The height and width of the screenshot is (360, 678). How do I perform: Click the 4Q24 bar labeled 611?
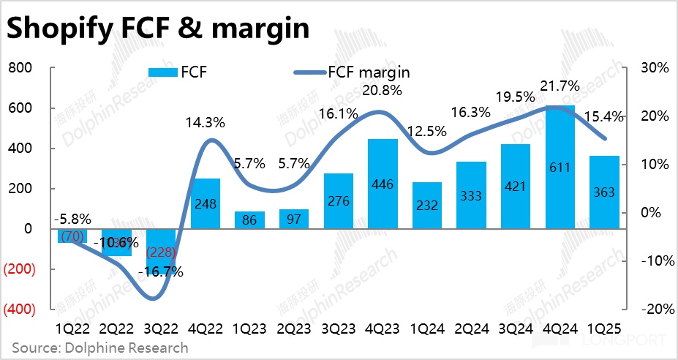(559, 167)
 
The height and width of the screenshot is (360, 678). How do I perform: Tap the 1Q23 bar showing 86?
(250, 220)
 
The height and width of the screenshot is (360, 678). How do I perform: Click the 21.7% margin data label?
(560, 86)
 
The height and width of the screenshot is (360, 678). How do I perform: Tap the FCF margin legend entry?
(352, 72)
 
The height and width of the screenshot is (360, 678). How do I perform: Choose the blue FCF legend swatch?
(163, 72)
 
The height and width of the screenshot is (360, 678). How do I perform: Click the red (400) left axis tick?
(20, 310)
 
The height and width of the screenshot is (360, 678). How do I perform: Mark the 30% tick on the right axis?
(654, 68)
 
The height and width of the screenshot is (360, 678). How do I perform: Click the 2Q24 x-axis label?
(470, 329)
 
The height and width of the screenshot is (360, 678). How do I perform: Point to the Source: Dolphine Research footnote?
(99, 348)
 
